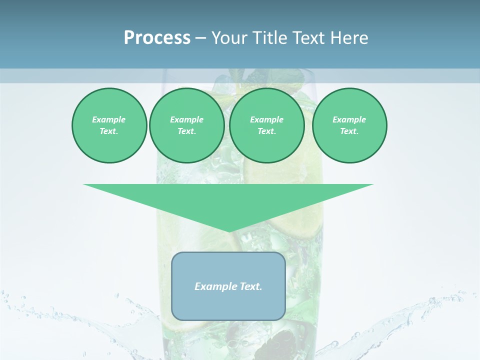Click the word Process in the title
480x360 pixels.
tap(157, 38)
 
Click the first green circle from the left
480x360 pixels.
tap(109, 125)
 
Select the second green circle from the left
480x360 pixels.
tap(187, 125)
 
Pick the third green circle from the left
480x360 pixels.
tap(266, 125)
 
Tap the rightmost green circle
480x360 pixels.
tap(349, 125)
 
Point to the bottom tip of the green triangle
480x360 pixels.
tap(229, 231)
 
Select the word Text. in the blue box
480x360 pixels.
tap(251, 286)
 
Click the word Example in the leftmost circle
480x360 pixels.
tap(109, 119)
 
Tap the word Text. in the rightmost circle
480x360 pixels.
tap(349, 131)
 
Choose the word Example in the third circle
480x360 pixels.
tap(266, 119)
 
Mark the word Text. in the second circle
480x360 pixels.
tap(187, 131)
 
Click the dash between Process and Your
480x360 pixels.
tap(200, 38)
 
